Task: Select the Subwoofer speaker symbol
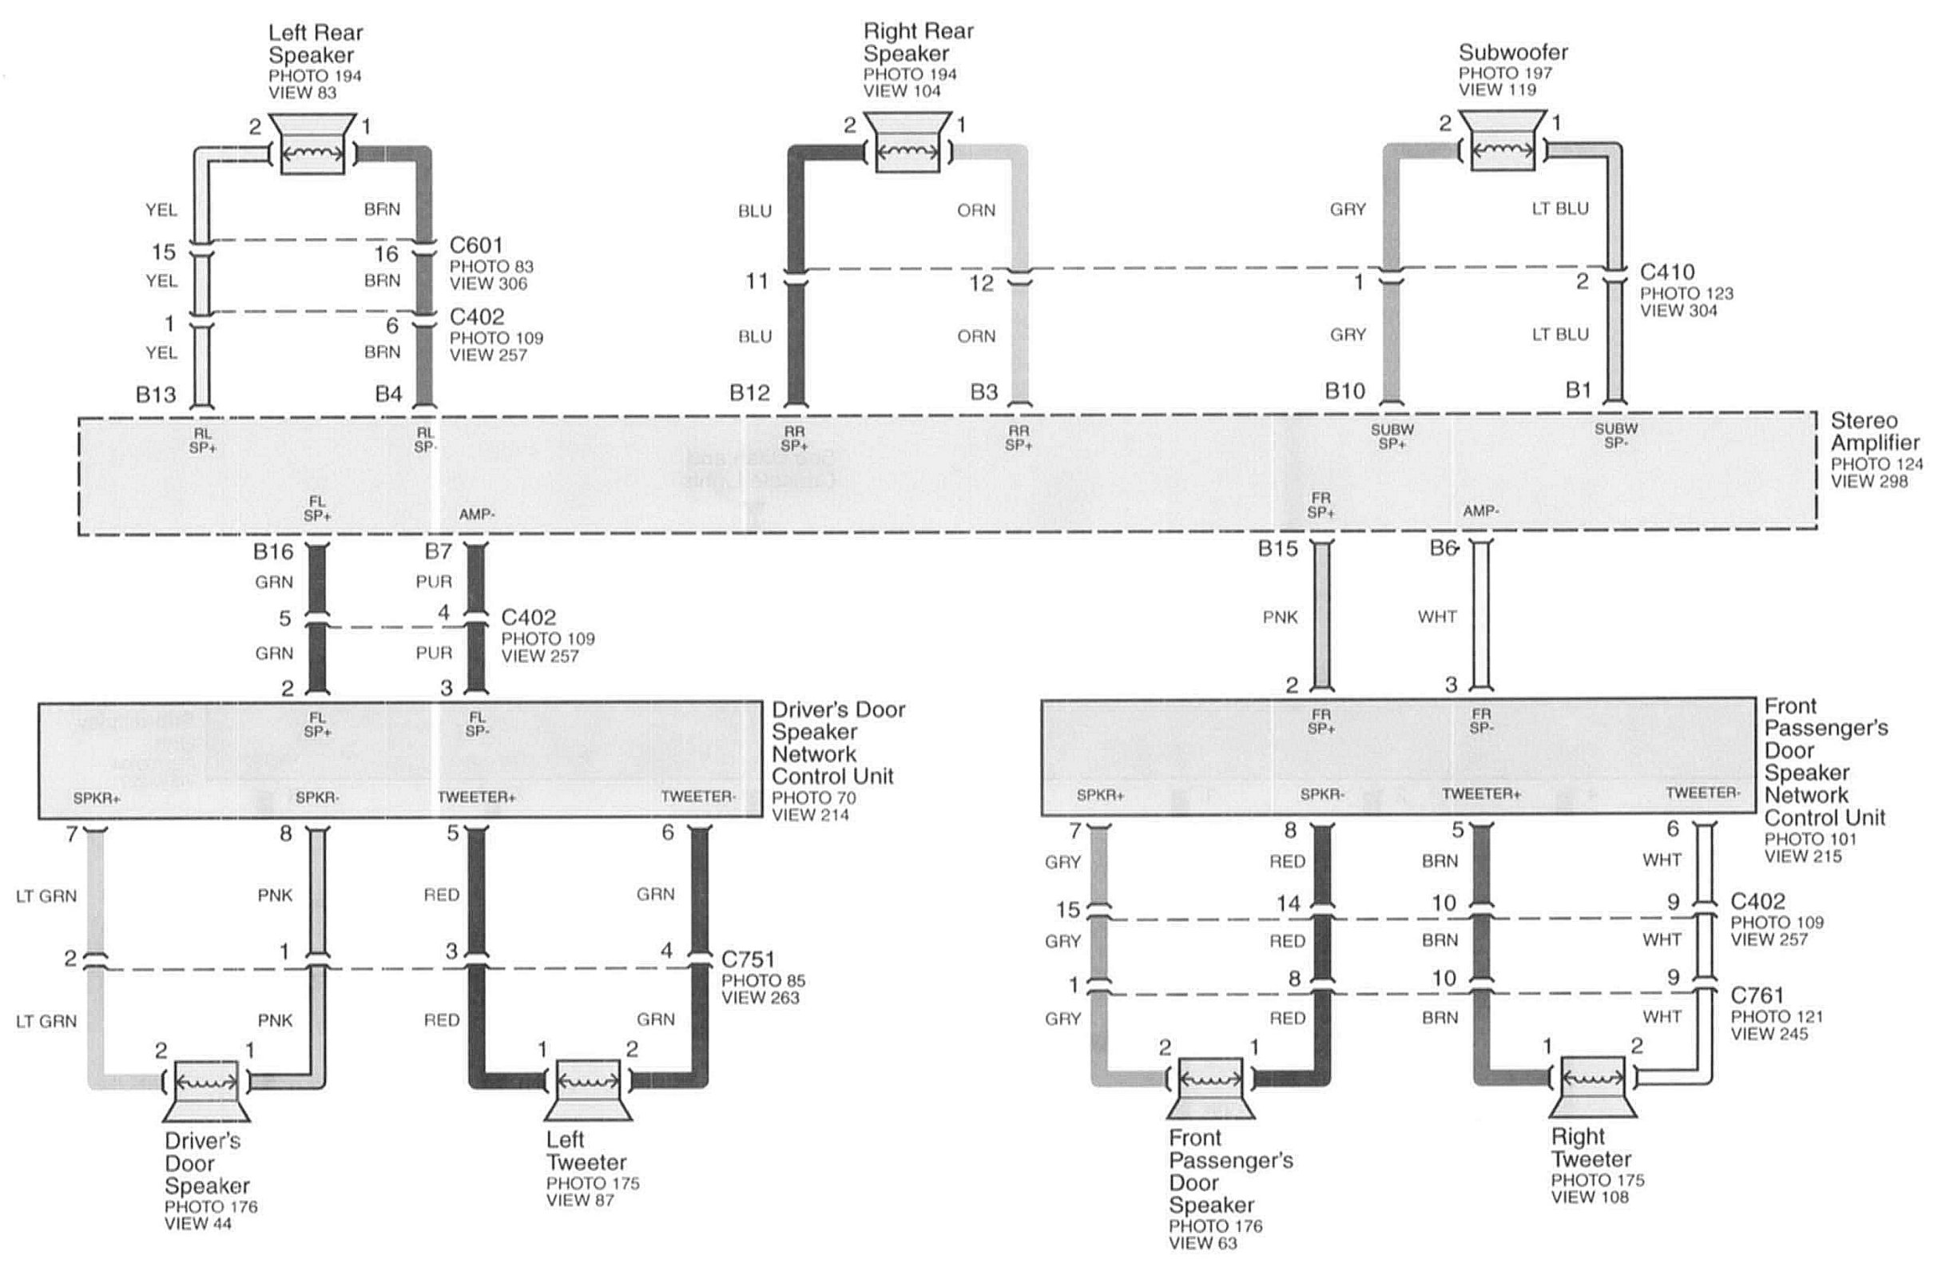coord(1502,141)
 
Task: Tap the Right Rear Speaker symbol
coord(907,143)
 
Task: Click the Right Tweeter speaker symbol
coord(1593,1086)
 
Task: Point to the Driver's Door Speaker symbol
coord(207,1091)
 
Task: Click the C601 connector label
coord(476,245)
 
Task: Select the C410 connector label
coord(1667,272)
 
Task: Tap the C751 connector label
coord(748,959)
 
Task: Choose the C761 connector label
coord(1757,995)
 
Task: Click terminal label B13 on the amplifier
coord(156,395)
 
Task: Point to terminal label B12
coord(750,393)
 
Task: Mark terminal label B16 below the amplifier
coord(273,552)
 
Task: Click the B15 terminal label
coord(1278,549)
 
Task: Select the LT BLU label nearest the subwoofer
coord(1560,209)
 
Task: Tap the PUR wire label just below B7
coord(433,582)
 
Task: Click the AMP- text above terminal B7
coord(477,514)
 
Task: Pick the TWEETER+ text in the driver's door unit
coord(476,797)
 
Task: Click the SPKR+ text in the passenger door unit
coord(1100,795)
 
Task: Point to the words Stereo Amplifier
coord(1875,431)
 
